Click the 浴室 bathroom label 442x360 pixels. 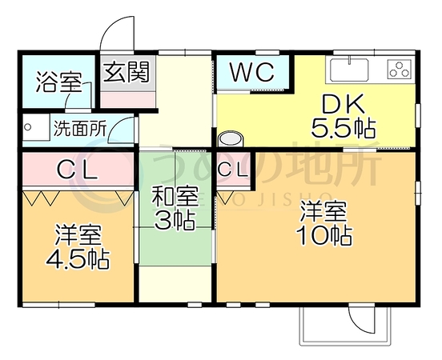[x=59, y=82]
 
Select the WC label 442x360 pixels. [x=252, y=72]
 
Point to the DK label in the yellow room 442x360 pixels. [x=343, y=105]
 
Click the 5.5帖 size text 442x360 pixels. [x=344, y=129]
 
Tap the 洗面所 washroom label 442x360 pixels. [x=80, y=129]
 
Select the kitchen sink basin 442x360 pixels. [x=349, y=70]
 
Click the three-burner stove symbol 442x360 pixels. [x=399, y=70]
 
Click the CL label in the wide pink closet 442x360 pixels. [x=77, y=170]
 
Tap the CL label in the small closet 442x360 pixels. [x=233, y=170]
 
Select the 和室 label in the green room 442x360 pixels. [x=175, y=197]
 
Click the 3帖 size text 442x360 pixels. [x=175, y=220]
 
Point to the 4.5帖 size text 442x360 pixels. [x=78, y=258]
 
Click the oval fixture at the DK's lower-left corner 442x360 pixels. [x=231, y=138]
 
